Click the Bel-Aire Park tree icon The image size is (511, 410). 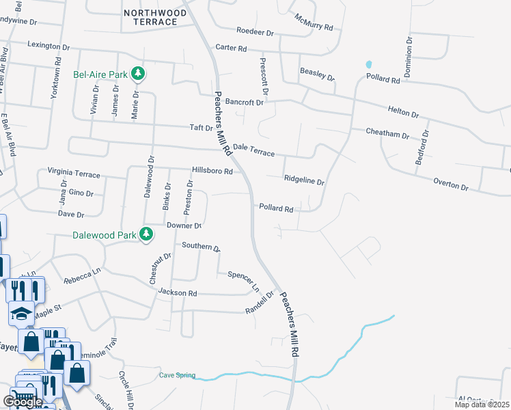[138, 72]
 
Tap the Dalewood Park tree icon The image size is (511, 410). [146, 234]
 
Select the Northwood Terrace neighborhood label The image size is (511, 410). [150, 17]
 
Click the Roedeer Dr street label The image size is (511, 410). [254, 31]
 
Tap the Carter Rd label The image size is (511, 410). [230, 48]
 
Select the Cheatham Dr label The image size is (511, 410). [386, 133]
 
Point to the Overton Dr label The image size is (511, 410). [451, 184]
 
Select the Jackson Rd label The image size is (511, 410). [177, 293]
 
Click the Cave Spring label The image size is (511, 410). [177, 375]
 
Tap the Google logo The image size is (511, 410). [23, 401]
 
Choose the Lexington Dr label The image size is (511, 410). [49, 46]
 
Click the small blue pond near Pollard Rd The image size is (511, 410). [369, 65]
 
